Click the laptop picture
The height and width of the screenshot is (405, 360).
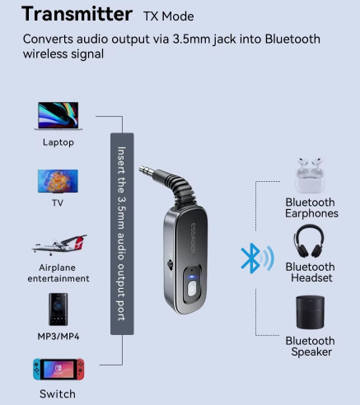(58, 116)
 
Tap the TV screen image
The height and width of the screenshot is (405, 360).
(58, 181)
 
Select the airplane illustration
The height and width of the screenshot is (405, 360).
(59, 244)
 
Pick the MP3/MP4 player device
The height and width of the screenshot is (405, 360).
(58, 310)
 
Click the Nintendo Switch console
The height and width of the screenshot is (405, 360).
(58, 370)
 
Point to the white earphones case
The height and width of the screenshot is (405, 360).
(310, 175)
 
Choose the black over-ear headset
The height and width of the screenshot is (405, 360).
(309, 241)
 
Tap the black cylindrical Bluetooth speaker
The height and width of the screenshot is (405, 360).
(311, 312)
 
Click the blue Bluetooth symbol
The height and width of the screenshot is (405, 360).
(250, 258)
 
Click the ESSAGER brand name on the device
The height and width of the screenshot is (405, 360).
(193, 238)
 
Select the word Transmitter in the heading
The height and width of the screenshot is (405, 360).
(77, 14)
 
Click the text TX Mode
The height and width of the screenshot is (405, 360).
(169, 16)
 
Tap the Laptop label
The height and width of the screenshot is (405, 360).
(58, 142)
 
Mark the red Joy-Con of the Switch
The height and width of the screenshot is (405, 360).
(81, 370)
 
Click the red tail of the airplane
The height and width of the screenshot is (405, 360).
(80, 240)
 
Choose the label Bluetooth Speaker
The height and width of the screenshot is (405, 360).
(311, 347)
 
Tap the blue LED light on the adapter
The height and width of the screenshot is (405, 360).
(192, 277)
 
